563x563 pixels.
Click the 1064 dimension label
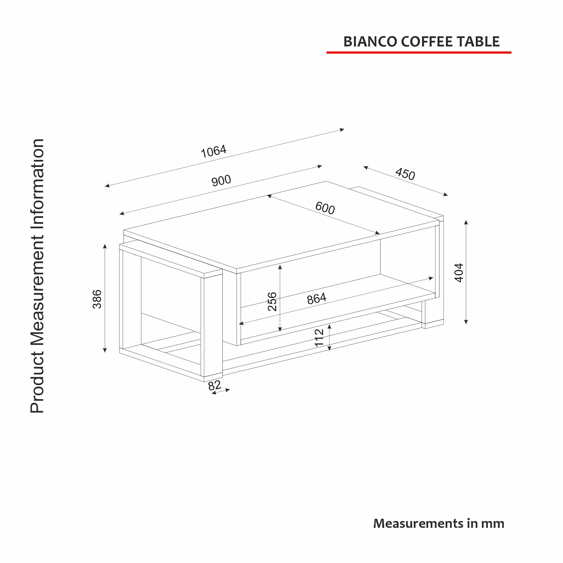tap(214, 151)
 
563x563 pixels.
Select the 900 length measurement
tap(221, 181)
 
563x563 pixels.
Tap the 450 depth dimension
tap(405, 174)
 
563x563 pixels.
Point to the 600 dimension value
tap(325, 208)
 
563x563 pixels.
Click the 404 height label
tap(459, 273)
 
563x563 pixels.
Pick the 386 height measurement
tap(97, 299)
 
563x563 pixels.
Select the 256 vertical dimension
tap(272, 301)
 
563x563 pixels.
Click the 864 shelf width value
tap(316, 299)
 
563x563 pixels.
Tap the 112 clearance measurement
tap(320, 338)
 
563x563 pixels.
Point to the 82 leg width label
tap(215, 386)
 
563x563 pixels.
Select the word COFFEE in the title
tap(427, 42)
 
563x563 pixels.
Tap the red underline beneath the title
tap(419, 52)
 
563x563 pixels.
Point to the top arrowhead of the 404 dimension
tap(466, 222)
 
